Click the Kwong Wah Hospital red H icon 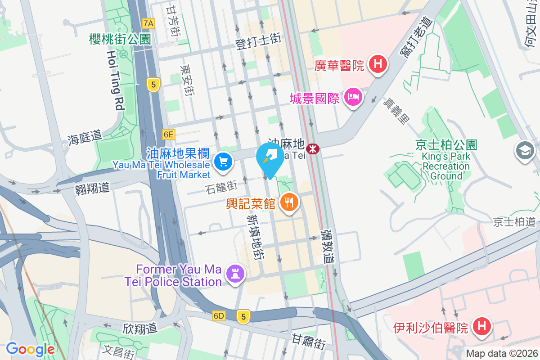pyautogui.click(x=378, y=64)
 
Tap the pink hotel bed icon pyautogui.click(x=353, y=97)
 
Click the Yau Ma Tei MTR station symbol pyautogui.click(x=313, y=148)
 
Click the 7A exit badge pyautogui.click(x=148, y=23)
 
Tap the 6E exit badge pyautogui.click(x=168, y=134)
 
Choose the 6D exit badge pyautogui.click(x=219, y=316)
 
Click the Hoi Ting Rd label pyautogui.click(x=115, y=80)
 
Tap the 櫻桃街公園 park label pyautogui.click(x=119, y=40)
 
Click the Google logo pyautogui.click(x=30, y=349)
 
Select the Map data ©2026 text pyautogui.click(x=501, y=353)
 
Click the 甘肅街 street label pyautogui.click(x=308, y=341)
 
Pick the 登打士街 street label pyautogui.click(x=258, y=42)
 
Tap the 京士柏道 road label pyautogui.click(x=514, y=222)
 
